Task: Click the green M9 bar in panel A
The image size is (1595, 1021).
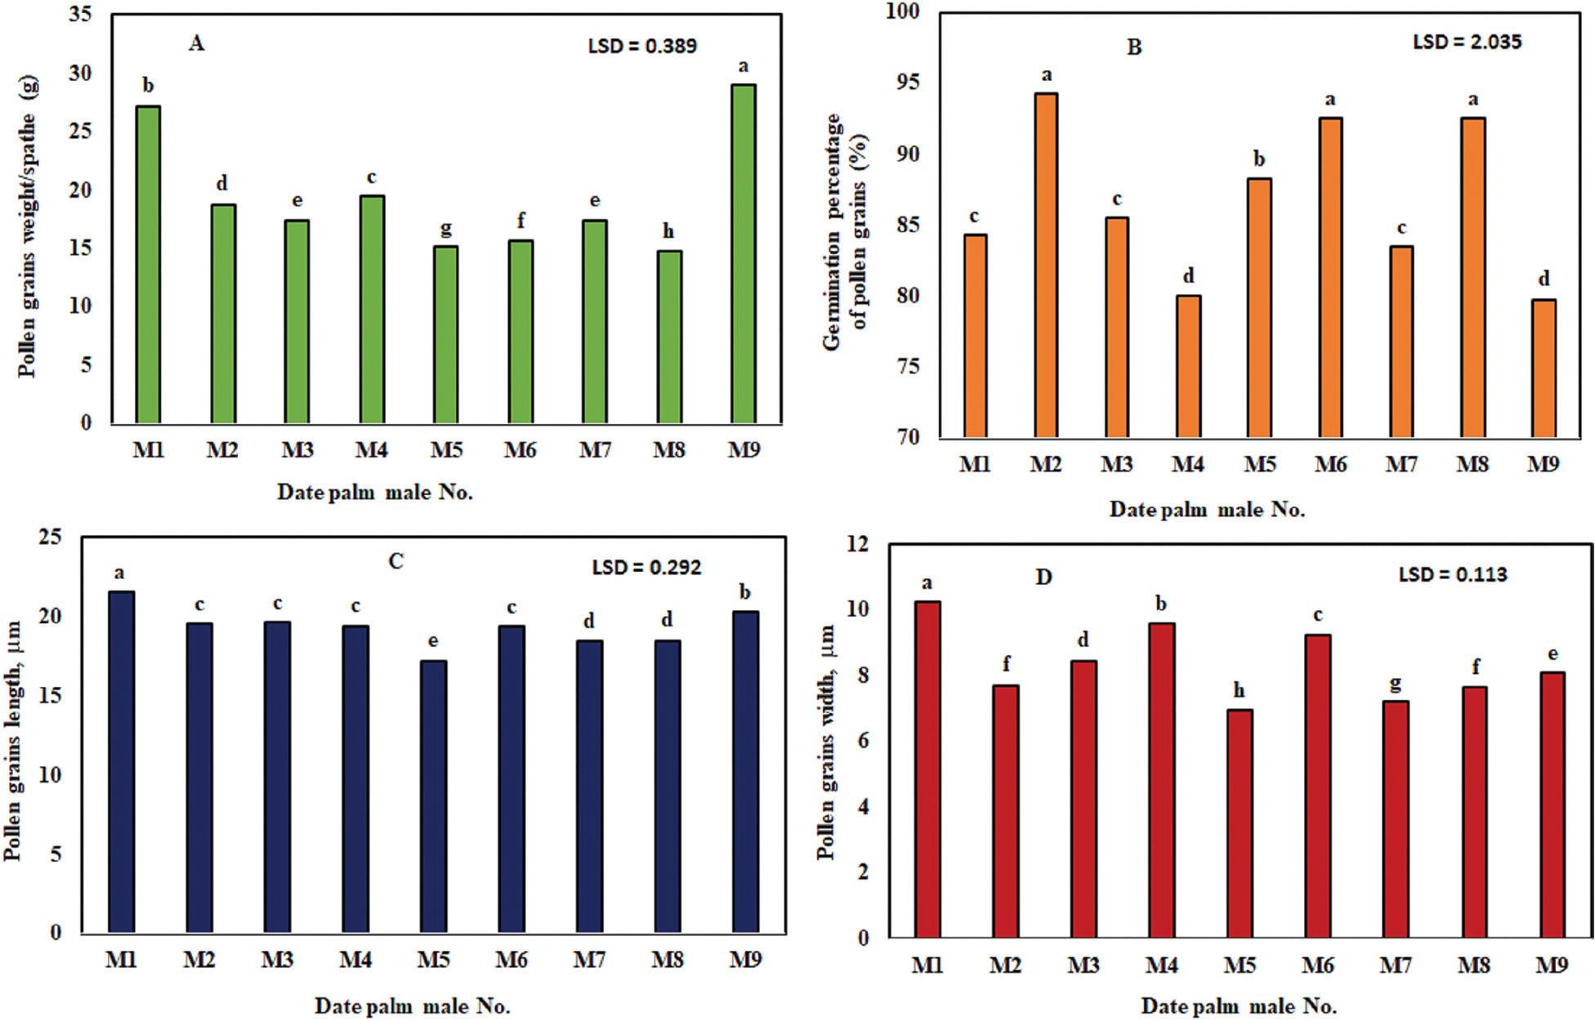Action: (743, 253)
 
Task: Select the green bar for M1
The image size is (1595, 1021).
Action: (148, 265)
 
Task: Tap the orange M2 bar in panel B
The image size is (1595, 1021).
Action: (1045, 265)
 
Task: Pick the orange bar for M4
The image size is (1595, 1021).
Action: (1188, 367)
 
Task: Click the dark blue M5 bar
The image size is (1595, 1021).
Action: (433, 796)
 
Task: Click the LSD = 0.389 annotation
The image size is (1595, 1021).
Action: (642, 47)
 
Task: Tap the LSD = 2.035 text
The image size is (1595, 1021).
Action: (1467, 42)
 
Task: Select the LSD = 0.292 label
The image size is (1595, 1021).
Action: (646, 567)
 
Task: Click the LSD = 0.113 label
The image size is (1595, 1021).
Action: (1453, 575)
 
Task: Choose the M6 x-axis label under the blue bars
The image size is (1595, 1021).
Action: (511, 960)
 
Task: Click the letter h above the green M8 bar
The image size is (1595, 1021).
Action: (668, 232)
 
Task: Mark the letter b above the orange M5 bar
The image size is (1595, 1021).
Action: (1259, 159)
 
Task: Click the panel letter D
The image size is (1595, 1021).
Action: (1043, 577)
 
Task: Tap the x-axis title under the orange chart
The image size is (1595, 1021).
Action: (1207, 510)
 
